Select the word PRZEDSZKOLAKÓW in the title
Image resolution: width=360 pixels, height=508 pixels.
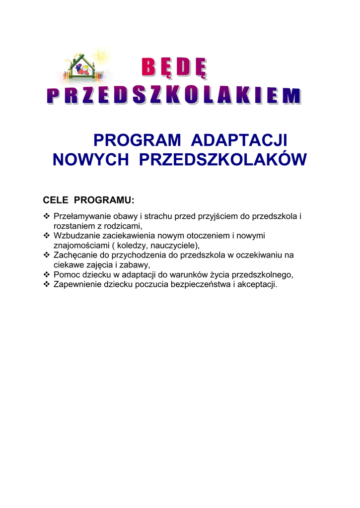click(x=223, y=160)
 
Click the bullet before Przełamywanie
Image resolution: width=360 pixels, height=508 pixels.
click(x=47, y=216)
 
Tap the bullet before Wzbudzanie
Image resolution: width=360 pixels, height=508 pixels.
click(x=47, y=236)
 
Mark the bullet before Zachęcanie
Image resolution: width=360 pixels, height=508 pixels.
click(x=47, y=255)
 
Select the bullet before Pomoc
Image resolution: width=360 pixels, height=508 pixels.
click(x=47, y=274)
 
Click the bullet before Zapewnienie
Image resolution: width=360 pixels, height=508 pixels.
click(x=47, y=284)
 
